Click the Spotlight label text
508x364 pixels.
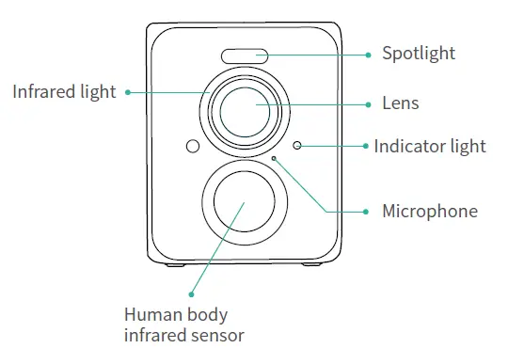coord(418,54)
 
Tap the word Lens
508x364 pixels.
coord(401,103)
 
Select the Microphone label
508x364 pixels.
coord(429,211)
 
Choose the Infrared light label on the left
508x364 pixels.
coord(64,92)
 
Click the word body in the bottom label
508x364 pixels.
coord(205,314)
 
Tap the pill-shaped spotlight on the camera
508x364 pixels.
coord(244,56)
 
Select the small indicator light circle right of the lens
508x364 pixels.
coord(297,146)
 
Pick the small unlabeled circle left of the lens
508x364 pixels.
coord(192,147)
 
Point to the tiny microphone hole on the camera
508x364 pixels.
coord(275,159)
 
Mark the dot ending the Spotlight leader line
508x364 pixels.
coord(367,55)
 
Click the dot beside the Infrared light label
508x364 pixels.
coord(127,92)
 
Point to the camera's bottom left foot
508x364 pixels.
coord(173,264)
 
